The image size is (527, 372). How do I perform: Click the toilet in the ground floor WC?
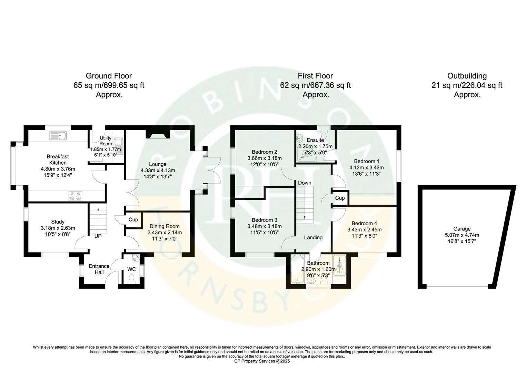131,278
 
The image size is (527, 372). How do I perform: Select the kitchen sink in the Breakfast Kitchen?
60,135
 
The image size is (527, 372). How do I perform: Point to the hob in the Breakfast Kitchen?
76,196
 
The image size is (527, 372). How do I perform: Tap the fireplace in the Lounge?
158,134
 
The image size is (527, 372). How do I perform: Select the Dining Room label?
165,226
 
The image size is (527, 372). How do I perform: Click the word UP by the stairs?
98,236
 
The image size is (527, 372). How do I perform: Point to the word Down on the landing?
305,183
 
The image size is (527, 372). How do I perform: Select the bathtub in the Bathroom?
296,270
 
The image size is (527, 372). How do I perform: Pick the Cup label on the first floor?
340,198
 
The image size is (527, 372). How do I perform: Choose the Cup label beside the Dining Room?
133,220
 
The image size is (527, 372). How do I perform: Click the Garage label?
462,229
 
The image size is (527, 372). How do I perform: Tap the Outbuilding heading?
467,76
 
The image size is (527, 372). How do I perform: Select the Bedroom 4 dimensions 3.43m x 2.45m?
364,229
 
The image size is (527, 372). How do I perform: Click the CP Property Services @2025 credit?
262,361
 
